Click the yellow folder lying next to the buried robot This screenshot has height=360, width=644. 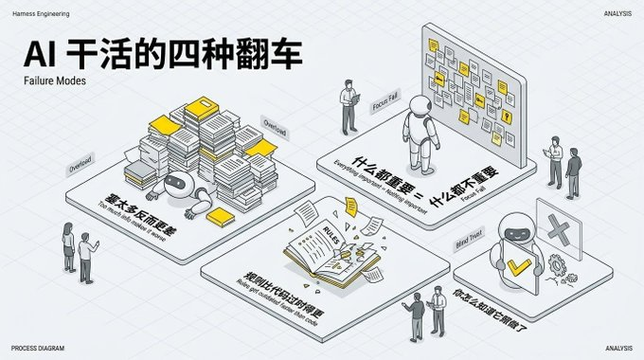[221, 217]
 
